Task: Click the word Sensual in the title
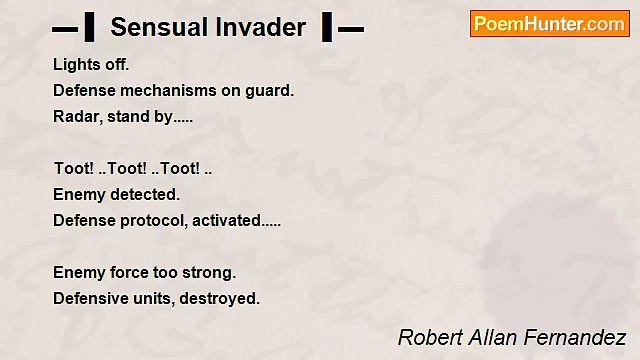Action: [x=155, y=27]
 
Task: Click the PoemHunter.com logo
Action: [x=549, y=24]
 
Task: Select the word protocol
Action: [x=153, y=220]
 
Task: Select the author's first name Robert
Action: [x=427, y=337]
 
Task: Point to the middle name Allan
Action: [x=486, y=337]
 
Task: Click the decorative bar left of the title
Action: [x=76, y=28]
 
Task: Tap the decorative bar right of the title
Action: [x=340, y=28]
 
